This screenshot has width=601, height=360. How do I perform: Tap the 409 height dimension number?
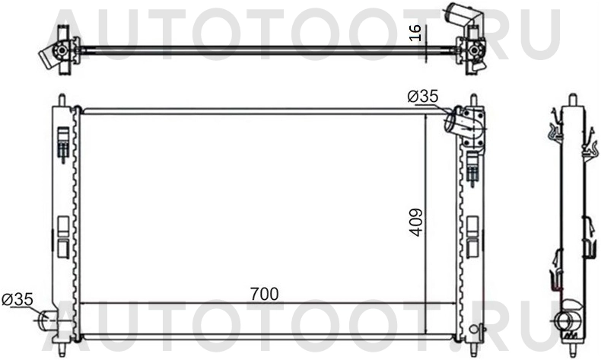(415, 221)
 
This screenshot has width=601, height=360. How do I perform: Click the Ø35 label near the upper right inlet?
(423, 97)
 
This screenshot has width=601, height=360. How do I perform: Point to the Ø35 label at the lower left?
(17, 300)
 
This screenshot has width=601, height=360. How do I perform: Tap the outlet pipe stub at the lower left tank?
(46, 320)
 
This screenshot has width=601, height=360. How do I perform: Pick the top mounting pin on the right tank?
(474, 100)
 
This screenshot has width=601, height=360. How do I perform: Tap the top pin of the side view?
(571, 100)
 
